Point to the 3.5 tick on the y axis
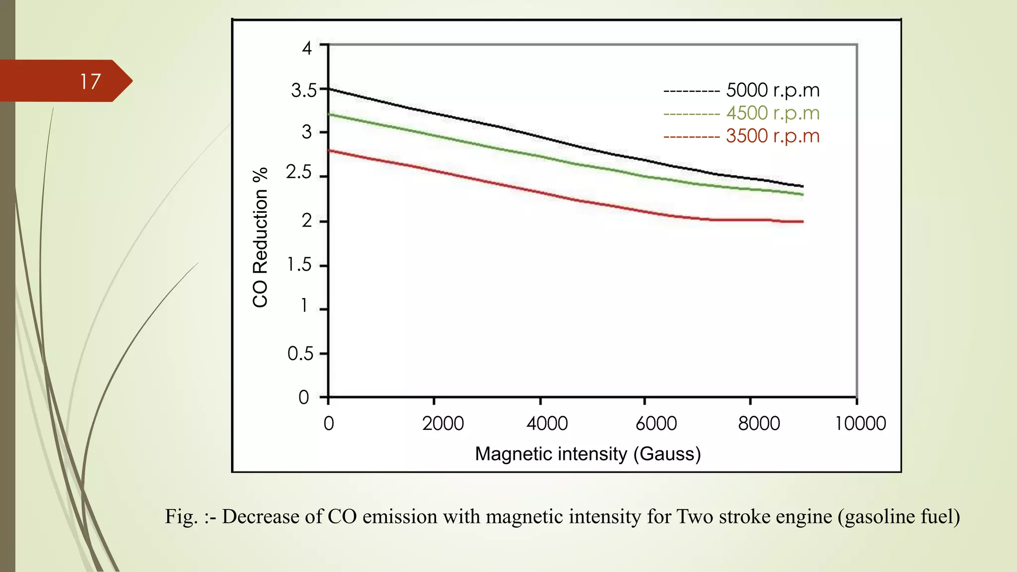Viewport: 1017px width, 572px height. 303,90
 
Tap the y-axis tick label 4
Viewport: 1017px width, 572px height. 307,48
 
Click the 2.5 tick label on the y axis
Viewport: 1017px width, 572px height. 298,172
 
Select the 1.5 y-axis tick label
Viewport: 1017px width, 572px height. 299,265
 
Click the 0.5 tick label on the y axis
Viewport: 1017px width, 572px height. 300,354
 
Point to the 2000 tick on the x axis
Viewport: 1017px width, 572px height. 442,424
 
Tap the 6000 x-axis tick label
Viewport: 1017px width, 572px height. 656,424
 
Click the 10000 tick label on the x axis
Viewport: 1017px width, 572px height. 861,424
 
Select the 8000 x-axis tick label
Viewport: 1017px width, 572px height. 759,424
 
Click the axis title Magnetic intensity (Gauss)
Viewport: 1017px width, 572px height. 587,454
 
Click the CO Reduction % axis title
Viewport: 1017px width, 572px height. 260,237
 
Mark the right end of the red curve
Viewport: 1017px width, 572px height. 802,221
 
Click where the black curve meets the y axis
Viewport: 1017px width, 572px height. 329,89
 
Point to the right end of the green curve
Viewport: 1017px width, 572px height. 802,194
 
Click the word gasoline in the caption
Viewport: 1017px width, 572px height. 880,517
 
